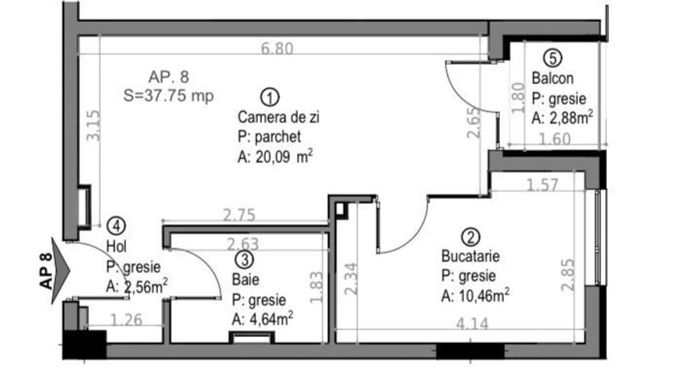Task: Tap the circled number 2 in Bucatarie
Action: point(472,238)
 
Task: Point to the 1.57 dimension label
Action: point(543,184)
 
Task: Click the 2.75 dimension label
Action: point(239,215)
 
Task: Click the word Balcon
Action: point(553,78)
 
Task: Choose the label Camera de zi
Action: point(274,118)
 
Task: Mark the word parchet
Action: point(279,137)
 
